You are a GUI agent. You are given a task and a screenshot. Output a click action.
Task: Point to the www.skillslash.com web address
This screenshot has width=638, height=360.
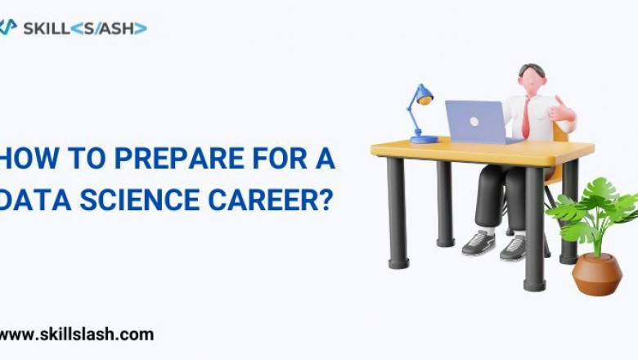pyautogui.click(x=76, y=334)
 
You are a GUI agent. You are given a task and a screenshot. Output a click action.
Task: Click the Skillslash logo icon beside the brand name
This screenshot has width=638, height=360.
pyautogui.click(x=7, y=27)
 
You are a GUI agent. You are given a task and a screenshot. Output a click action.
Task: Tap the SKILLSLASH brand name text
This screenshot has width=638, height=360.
pyautogui.click(x=85, y=28)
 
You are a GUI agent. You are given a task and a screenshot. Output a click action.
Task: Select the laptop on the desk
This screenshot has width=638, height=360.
pyautogui.click(x=478, y=122)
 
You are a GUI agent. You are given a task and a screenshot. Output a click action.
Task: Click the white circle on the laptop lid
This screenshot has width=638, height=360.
pyautogui.click(x=474, y=121)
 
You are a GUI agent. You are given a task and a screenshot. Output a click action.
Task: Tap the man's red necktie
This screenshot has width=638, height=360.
pyautogui.click(x=527, y=118)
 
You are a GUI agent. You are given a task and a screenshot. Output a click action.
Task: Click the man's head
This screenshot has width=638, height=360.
pyautogui.click(x=532, y=79)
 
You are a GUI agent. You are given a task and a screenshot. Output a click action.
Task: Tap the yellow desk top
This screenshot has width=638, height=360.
pyautogui.click(x=483, y=150)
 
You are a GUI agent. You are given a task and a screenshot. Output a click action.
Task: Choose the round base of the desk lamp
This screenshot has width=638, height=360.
pyautogui.click(x=424, y=140)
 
